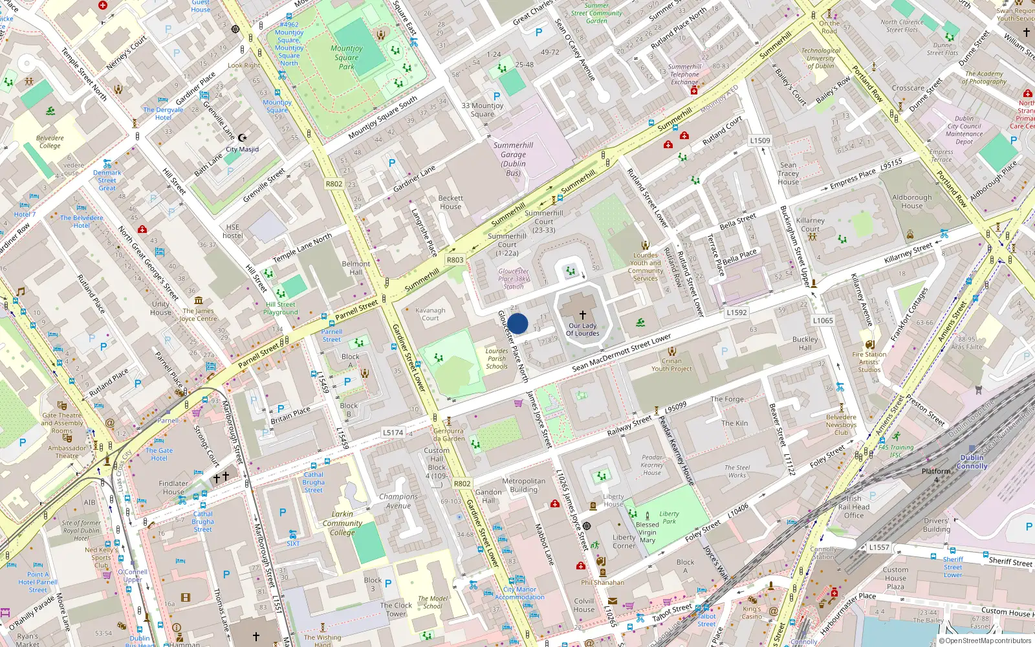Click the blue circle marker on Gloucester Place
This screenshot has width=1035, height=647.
pos(517,323)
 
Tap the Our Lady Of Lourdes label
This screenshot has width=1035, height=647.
pos(582,329)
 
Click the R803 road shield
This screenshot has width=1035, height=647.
pos(455,259)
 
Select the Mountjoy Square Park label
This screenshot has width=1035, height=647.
pos(347,57)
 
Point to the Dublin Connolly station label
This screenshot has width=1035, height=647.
pos(972,461)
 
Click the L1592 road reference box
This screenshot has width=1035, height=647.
pos(736,313)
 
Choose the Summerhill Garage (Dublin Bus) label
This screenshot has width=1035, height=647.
pos(513,159)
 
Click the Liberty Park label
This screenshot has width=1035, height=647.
pos(669,517)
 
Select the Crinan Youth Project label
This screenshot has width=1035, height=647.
pos(671,365)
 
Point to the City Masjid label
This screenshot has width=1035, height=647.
pos(242,149)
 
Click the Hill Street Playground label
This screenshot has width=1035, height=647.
pos(280,308)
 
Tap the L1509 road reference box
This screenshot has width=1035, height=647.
pos(760,140)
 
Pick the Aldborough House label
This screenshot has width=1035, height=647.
pos(912,201)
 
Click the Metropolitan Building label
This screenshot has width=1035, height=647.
pos(523,485)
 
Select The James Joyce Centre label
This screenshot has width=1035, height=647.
pos(197,314)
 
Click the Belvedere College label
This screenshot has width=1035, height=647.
pos(50,142)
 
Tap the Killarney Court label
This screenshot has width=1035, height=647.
pos(810,225)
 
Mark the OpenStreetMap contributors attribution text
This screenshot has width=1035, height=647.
pos(986,641)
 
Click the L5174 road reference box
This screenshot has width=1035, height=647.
pos(393,432)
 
